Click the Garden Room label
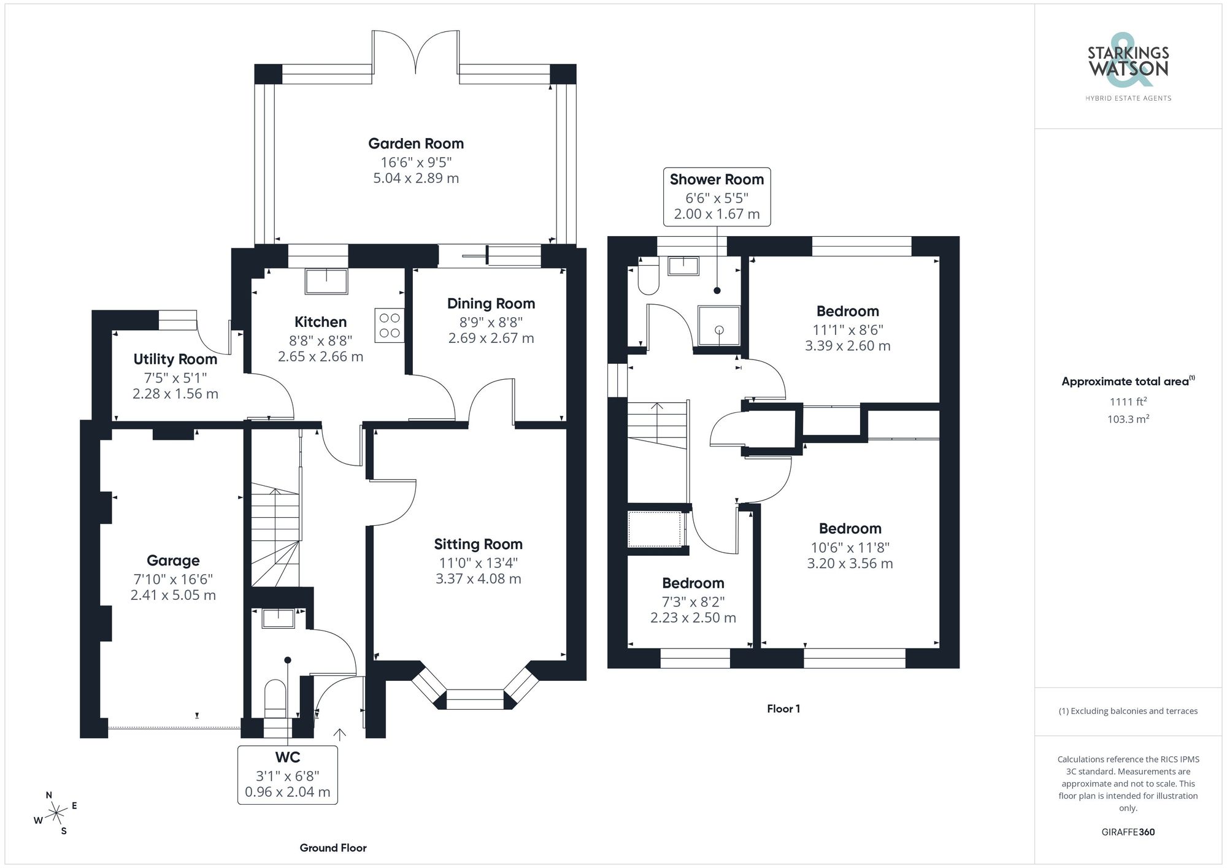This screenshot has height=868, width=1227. [416, 144]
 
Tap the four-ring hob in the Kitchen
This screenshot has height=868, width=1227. [390, 325]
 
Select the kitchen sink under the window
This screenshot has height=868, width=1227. [326, 281]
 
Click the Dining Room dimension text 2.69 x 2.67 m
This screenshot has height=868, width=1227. [491, 338]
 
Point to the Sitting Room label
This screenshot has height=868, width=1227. [478, 544]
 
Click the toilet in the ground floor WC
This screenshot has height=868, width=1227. [275, 699]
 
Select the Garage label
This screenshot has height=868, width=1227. [173, 560]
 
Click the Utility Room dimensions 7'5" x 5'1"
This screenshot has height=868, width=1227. [175, 377]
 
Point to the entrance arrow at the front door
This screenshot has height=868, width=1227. [339, 734]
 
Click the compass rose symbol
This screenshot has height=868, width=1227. [56, 813]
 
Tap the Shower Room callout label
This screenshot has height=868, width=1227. [717, 180]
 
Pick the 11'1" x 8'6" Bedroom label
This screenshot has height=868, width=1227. [847, 311]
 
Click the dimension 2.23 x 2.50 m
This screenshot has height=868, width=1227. [693, 618]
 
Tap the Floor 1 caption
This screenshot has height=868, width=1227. [783, 709]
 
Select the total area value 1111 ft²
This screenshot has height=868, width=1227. [1128, 402]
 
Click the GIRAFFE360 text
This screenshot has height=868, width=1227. [1128, 832]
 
